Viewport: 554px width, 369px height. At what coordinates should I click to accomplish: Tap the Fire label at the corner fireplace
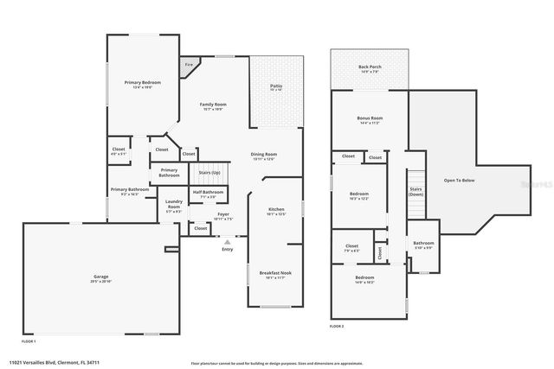point(189,65)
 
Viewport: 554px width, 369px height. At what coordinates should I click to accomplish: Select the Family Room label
point(213,105)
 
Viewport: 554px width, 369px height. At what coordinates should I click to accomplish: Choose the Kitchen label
point(275,210)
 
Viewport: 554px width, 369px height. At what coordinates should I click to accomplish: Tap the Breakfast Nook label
point(275,273)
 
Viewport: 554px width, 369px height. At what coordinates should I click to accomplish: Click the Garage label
point(101,277)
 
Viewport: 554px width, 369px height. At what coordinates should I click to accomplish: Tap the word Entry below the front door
point(227,249)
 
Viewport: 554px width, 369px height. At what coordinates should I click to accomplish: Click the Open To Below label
point(459,180)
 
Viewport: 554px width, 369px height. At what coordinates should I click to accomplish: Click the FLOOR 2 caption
point(337,326)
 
